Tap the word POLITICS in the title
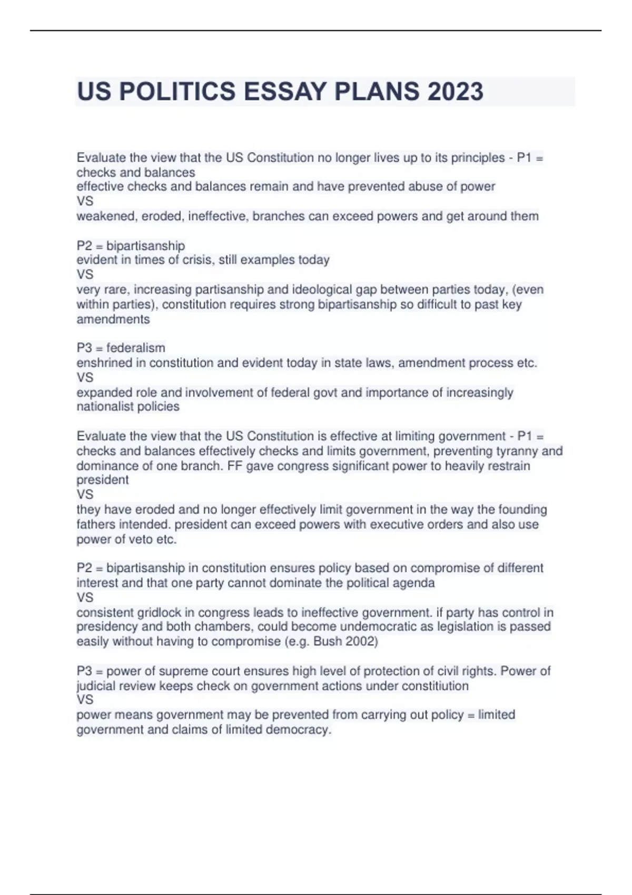click(177, 92)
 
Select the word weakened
click(105, 216)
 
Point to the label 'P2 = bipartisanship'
click(131, 246)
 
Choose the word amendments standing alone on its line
click(113, 320)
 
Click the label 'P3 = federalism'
click(121, 348)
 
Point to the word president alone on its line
click(102, 480)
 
